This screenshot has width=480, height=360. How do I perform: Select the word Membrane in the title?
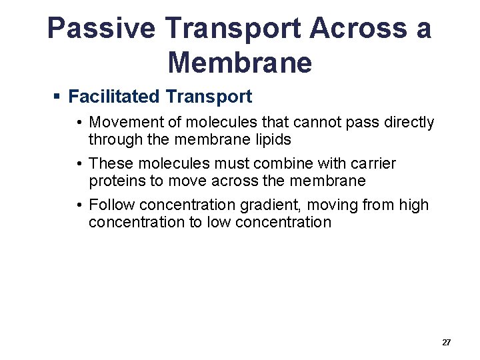[240, 63]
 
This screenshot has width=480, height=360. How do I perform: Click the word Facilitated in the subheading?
[114, 97]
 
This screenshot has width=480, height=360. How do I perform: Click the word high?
[413, 205]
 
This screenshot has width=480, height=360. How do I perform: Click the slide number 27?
[447, 342]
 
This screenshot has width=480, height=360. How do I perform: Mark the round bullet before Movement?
[79, 123]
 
